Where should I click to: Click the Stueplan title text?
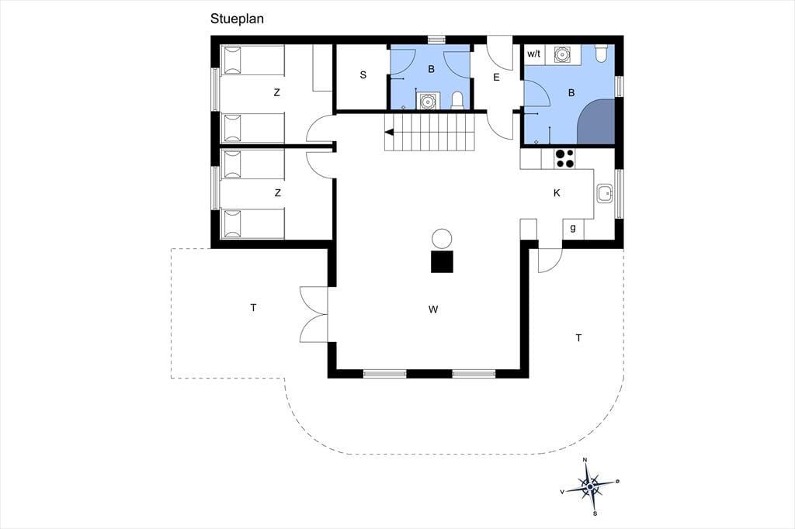tap(237, 19)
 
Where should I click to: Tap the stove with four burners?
tap(564, 158)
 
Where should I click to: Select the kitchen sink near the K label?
tap(605, 193)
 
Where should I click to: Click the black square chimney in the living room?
tap(442, 261)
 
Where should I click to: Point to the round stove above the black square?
tap(442, 239)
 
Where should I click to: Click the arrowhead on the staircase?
tap(390, 133)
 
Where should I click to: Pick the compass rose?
tap(590, 487)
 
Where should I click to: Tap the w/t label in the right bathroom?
tap(534, 54)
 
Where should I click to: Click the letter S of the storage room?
tap(363, 75)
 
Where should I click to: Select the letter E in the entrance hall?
tap(496, 77)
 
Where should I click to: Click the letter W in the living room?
tap(433, 309)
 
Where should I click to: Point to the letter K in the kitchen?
tap(557, 192)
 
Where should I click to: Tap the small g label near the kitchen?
tap(573, 227)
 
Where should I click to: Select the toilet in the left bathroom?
tap(457, 100)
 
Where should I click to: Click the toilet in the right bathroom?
tap(601, 54)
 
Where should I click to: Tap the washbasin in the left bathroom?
tap(428, 101)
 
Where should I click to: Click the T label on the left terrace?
tap(253, 308)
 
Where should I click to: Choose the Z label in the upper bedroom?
tap(276, 93)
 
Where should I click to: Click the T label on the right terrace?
tap(578, 338)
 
